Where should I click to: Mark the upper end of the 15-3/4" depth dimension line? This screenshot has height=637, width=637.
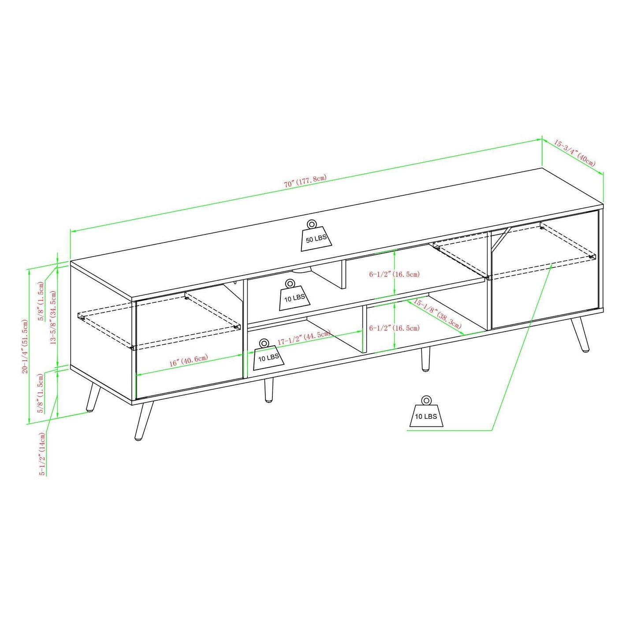tap(543, 139)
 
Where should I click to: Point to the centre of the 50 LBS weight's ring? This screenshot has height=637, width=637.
tap(311, 224)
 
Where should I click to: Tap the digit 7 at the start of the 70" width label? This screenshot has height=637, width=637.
tap(286, 184)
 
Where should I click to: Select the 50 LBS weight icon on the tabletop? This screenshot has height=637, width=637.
tap(317, 235)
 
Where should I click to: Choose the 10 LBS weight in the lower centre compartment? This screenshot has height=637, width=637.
tap(268, 354)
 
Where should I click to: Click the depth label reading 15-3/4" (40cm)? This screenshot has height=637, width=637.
tap(575, 153)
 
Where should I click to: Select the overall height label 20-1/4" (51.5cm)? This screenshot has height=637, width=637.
tap(24, 346)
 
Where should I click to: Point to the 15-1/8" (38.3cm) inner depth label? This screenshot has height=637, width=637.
tap(437, 314)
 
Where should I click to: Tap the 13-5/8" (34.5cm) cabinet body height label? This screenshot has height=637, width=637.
tap(53, 318)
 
